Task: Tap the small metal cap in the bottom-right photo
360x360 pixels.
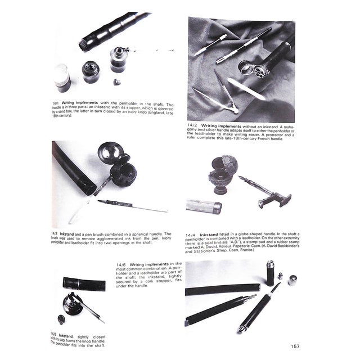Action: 293,281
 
